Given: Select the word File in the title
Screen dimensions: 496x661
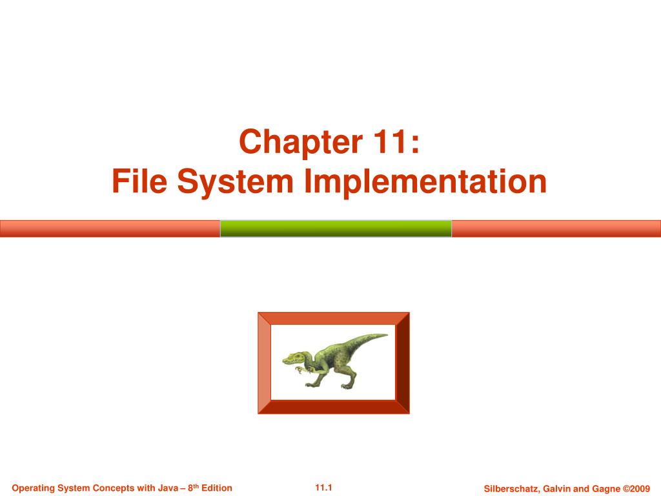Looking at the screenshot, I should (137, 181).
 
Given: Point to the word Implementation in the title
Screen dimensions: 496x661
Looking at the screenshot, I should (425, 181).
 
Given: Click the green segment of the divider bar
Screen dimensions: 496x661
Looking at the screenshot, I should (336, 229).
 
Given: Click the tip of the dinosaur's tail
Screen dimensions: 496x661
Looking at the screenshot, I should (385, 335).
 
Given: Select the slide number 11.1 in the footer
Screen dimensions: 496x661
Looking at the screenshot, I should (323, 487).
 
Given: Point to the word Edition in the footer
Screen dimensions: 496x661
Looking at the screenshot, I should (217, 488).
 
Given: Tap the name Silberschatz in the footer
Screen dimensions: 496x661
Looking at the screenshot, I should (509, 488).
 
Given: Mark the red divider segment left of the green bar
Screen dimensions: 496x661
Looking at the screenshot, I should (110, 229).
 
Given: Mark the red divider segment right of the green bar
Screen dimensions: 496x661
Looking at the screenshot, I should (556, 229).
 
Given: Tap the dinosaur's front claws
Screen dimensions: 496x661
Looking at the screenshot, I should (299, 371).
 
